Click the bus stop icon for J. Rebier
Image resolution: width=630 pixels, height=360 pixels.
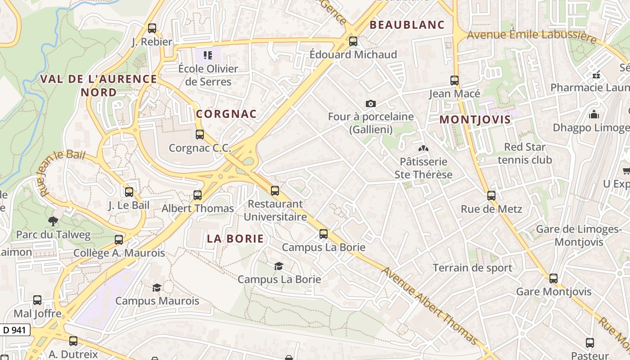point(152,28)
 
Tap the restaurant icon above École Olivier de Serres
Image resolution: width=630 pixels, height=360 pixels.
point(208,55)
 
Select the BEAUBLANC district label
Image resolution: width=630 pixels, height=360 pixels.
point(407,25)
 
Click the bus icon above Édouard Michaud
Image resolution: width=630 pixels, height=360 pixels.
point(353,41)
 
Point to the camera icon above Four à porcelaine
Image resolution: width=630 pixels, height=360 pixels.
point(370,104)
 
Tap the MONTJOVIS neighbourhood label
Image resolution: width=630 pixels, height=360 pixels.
point(475,120)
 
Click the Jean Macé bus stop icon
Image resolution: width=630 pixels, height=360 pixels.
point(454,81)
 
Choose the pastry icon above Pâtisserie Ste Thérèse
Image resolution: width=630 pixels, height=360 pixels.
point(423,148)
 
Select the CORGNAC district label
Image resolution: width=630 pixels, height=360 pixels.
point(226,114)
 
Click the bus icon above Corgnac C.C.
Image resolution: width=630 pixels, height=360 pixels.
point(200,134)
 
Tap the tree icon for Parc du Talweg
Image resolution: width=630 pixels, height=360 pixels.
point(53,221)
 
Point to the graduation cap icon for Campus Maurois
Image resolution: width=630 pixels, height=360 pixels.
point(157,288)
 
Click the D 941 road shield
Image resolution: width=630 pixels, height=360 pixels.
point(14,330)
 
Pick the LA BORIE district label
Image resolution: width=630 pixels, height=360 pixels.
point(235,238)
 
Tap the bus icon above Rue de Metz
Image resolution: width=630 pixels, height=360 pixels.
point(491,196)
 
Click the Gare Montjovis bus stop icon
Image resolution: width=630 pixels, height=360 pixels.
point(553,279)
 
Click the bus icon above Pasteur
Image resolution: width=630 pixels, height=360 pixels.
point(590,342)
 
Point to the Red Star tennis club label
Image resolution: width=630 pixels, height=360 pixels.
point(525,153)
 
